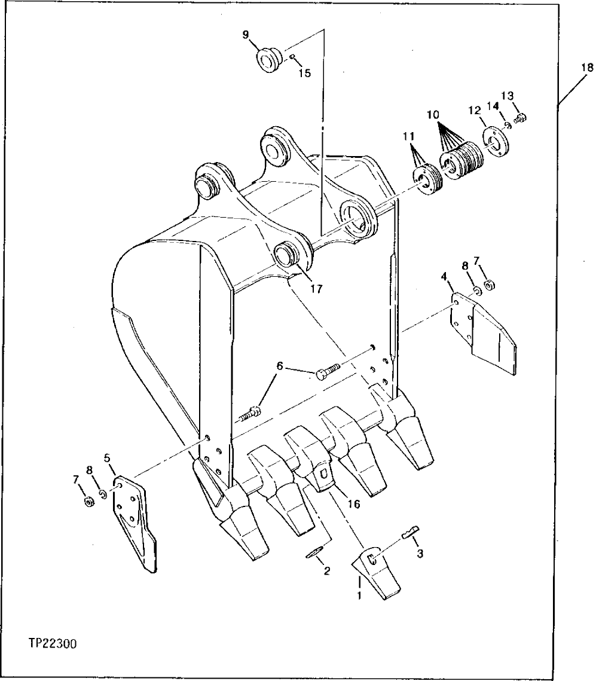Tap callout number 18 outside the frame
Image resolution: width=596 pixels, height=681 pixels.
(582, 68)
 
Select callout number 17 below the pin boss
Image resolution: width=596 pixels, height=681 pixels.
(316, 289)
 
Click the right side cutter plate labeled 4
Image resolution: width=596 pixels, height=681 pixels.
(484, 335)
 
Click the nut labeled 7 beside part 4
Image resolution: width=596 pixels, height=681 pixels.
(488, 285)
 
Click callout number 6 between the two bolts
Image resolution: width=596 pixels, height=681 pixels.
(280, 365)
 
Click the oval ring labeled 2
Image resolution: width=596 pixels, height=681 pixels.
(316, 552)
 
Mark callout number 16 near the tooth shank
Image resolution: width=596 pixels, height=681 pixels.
(353, 504)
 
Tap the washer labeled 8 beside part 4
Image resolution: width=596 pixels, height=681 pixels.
(476, 291)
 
